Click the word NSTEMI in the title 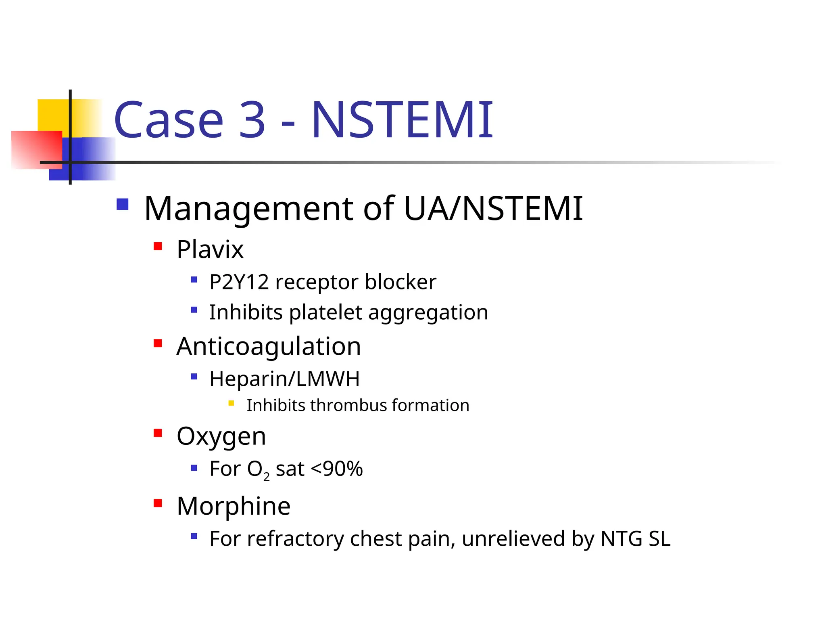402,120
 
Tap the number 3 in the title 252,120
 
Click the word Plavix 210,249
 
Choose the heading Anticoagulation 269,346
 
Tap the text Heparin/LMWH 284,379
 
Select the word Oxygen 221,436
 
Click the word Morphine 234,506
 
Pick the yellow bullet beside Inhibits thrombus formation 231,403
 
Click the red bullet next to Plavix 158,246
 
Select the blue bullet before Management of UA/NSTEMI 122,204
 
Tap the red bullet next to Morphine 158,503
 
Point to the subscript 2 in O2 266,477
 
